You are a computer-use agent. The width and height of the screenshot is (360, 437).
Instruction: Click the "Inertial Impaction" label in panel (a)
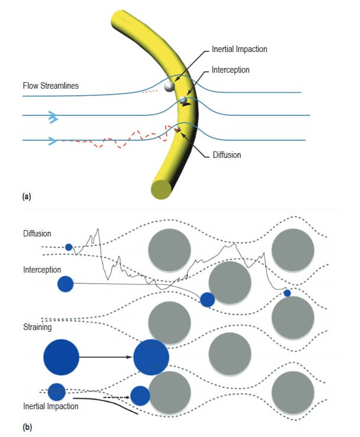[x=239, y=49]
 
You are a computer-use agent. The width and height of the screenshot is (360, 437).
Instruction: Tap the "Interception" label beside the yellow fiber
[x=231, y=70]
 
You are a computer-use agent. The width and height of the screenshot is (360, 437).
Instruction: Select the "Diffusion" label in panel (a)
[x=228, y=155]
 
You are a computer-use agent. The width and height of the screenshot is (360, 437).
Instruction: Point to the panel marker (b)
[x=26, y=426]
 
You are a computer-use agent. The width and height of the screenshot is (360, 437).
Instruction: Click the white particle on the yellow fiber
[x=170, y=87]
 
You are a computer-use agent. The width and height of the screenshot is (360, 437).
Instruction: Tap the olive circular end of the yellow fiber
[x=161, y=190]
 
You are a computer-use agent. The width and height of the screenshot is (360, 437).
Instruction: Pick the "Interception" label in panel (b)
[x=43, y=269]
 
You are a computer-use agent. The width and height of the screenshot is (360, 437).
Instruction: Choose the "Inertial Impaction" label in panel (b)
[x=51, y=406]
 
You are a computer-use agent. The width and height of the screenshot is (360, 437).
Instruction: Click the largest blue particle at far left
[x=61, y=357]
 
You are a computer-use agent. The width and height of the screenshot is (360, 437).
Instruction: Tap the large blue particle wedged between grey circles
[x=151, y=357]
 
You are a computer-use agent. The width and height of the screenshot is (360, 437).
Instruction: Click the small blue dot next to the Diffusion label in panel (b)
[x=69, y=247]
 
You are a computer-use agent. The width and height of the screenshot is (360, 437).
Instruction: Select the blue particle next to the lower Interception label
[x=65, y=284]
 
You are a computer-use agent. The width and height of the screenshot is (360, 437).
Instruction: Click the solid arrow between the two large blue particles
[x=106, y=357]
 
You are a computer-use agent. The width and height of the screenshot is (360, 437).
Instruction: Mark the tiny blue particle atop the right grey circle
[x=287, y=293]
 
